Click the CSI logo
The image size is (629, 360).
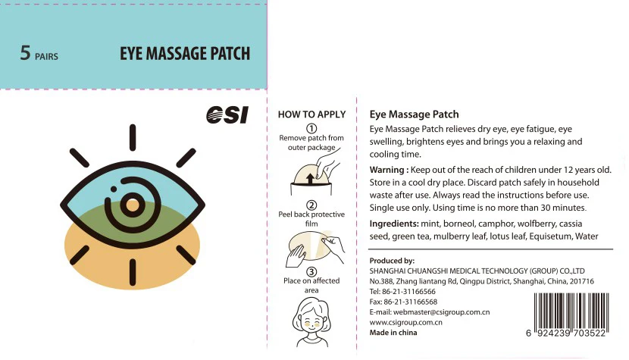(x=227, y=114)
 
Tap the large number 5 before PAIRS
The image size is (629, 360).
(x=25, y=54)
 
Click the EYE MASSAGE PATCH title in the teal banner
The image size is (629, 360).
(x=185, y=55)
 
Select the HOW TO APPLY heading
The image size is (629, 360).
(x=311, y=114)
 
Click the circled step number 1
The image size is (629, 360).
(x=311, y=128)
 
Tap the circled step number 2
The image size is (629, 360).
(x=311, y=205)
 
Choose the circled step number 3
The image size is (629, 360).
(x=311, y=272)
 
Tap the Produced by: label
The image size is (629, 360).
(x=392, y=261)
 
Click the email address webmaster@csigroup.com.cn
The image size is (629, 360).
(x=429, y=311)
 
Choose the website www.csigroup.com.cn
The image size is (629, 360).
(x=405, y=322)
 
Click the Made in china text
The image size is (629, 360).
(x=393, y=333)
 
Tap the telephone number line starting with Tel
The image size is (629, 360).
(x=402, y=291)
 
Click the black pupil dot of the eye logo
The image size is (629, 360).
(x=132, y=205)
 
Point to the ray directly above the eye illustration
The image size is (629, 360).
(x=132, y=137)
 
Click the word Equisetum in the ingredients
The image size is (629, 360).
(x=546, y=236)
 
